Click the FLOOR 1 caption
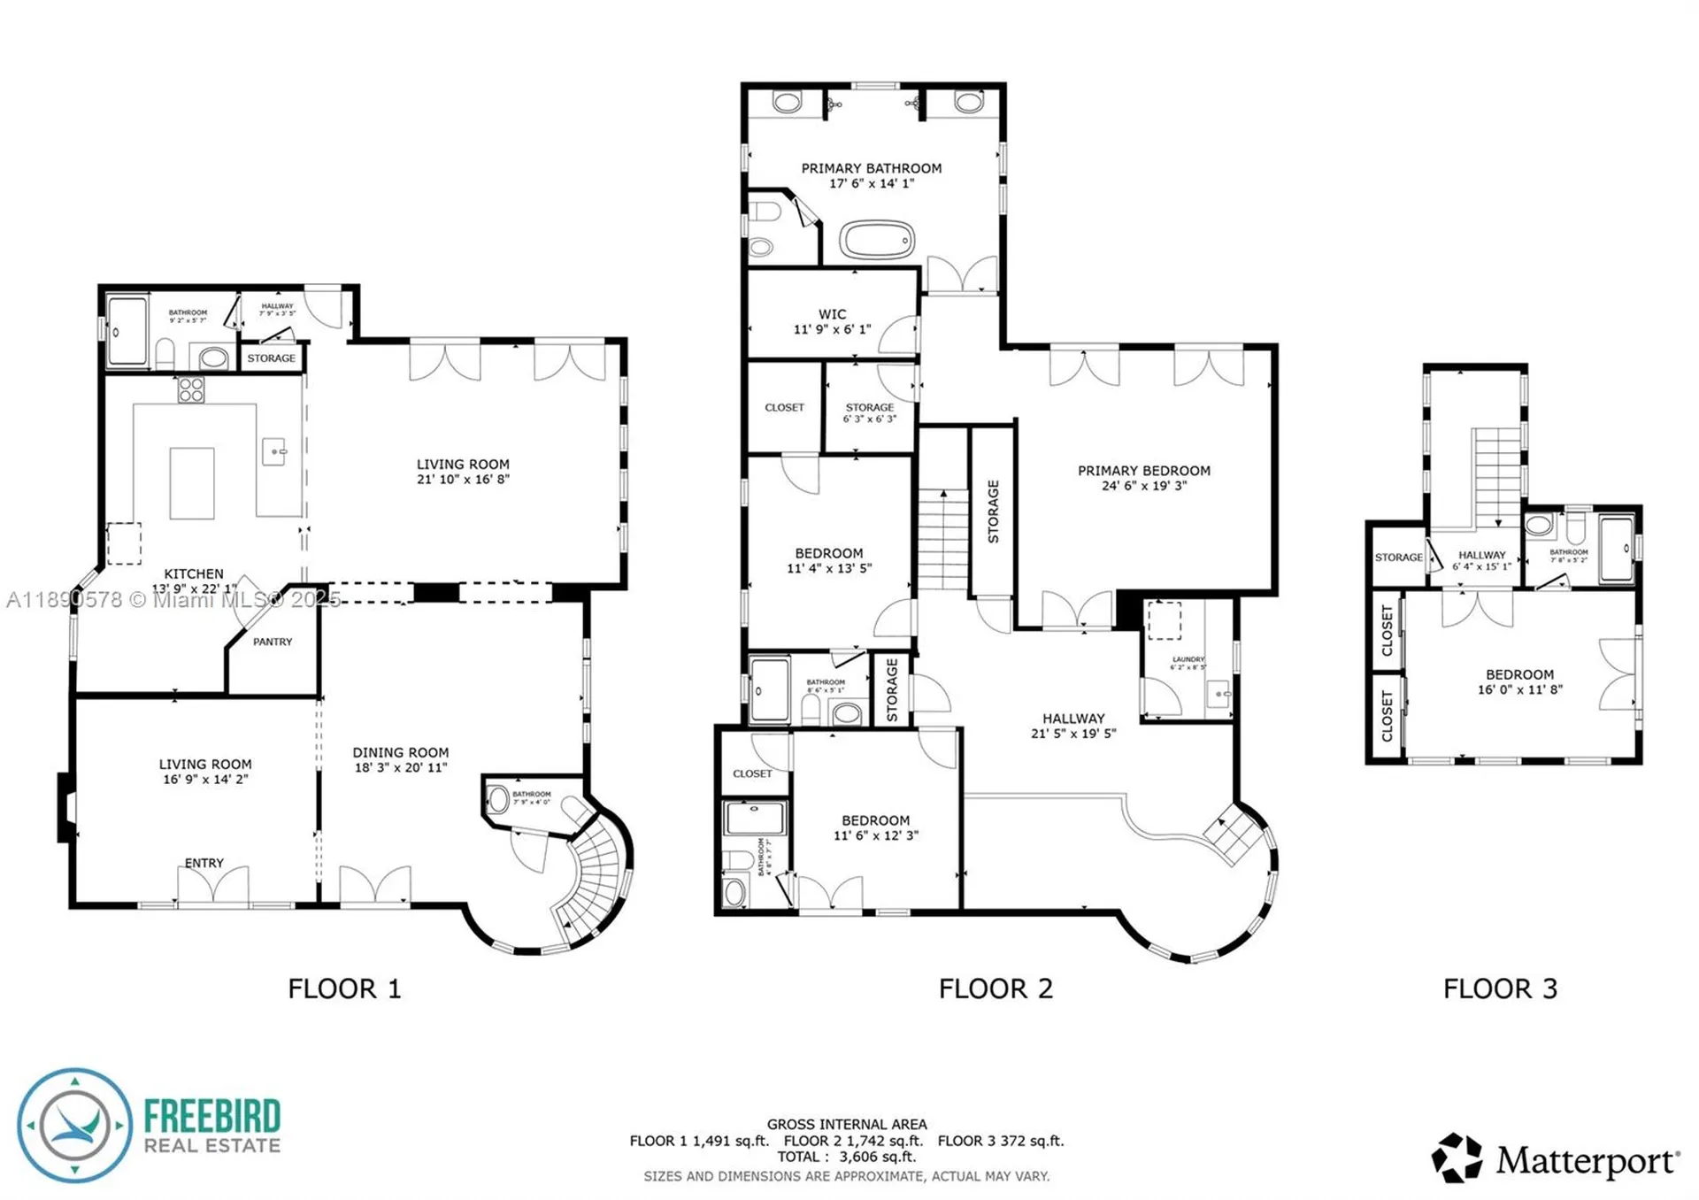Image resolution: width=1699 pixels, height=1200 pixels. (344, 988)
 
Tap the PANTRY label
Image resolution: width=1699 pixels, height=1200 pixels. (273, 642)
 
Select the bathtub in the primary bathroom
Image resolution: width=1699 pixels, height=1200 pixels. (876, 240)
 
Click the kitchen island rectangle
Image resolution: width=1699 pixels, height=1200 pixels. (192, 483)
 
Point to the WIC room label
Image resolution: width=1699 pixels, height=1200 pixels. (832, 314)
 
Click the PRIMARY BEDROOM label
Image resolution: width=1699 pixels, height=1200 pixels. (1143, 471)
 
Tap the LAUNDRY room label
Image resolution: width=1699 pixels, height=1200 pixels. (1188, 659)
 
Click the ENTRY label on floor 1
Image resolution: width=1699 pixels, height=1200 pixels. (204, 863)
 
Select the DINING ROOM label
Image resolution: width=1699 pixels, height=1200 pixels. (400, 752)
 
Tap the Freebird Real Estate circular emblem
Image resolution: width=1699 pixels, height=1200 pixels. (75, 1126)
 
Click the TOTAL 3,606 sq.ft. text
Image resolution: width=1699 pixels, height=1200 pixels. (846, 1157)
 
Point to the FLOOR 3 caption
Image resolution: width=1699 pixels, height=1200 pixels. (1500, 988)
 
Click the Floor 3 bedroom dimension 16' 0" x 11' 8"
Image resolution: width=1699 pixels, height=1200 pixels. (1519, 689)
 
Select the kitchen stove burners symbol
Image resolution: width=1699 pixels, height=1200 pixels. (191, 389)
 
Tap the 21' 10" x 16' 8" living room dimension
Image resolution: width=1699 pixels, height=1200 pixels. (463, 480)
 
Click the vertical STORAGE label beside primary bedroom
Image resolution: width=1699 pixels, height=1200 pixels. (993, 512)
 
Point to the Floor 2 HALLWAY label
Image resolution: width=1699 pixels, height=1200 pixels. (1072, 719)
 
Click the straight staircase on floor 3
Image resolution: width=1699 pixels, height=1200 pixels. (1497, 478)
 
